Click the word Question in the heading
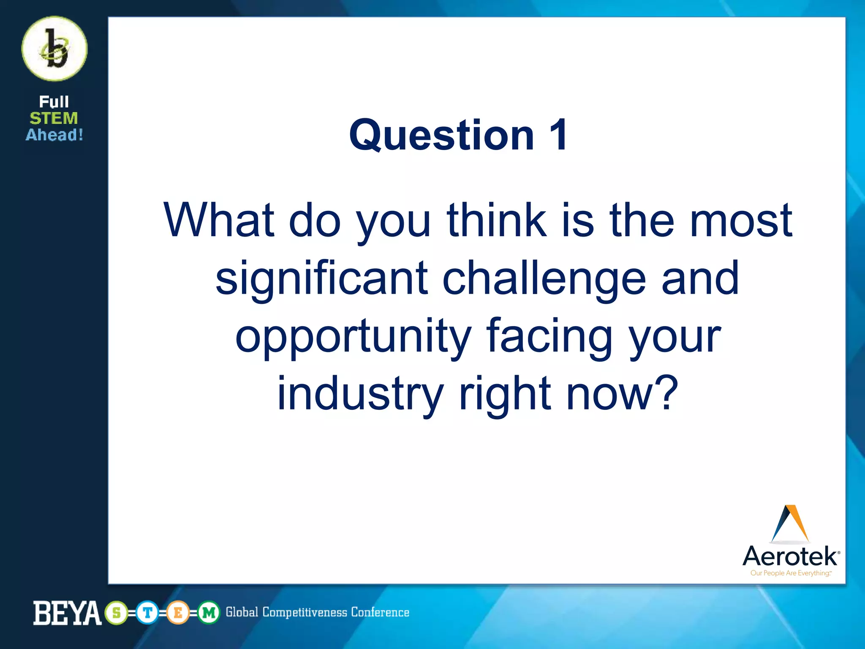(x=442, y=135)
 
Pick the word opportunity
(x=353, y=337)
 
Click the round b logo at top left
(x=54, y=49)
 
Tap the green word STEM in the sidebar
(x=54, y=118)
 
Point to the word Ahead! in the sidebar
(x=54, y=135)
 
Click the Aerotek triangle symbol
(x=790, y=524)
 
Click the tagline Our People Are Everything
(x=790, y=573)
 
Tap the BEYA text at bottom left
(x=67, y=613)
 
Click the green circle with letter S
(x=116, y=613)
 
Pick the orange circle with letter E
(x=178, y=613)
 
